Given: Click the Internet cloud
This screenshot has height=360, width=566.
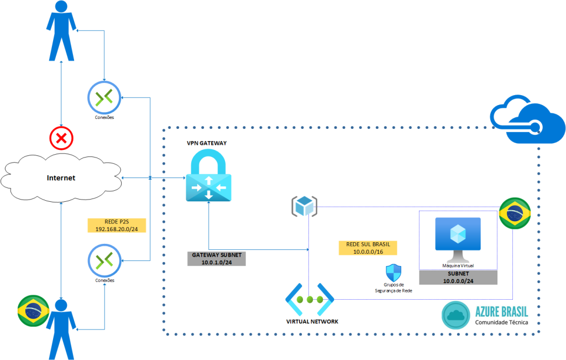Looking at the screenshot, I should [61, 178].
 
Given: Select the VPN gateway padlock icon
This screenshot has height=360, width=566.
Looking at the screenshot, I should [209, 176].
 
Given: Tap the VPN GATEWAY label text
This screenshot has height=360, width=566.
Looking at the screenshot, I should [207, 143].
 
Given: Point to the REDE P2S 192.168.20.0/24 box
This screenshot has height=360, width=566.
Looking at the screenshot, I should [116, 225].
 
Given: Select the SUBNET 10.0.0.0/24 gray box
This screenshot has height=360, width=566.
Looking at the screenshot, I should [458, 278].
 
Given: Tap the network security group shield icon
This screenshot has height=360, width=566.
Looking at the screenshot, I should [394, 273].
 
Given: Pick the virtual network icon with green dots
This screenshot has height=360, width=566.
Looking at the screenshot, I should [310, 299].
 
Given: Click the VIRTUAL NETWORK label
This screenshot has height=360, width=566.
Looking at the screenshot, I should [312, 321].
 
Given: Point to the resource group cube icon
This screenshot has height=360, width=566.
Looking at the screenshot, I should [305, 206].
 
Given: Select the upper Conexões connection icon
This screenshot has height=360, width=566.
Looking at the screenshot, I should [104, 97].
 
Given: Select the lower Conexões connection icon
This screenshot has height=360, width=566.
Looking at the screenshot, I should [104, 260].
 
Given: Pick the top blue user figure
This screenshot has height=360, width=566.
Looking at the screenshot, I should [61, 32].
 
